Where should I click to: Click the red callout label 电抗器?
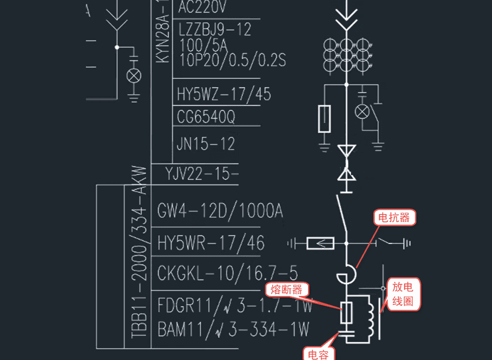(x=394, y=217)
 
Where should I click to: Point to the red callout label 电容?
(x=318, y=353)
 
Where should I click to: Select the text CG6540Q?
(x=206, y=117)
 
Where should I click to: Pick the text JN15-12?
(x=205, y=144)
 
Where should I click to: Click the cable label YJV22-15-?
(x=202, y=173)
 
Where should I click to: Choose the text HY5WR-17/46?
(x=211, y=242)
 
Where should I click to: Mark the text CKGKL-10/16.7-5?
(x=227, y=272)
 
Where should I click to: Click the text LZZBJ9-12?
(x=215, y=29)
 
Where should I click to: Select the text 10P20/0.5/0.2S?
(x=232, y=60)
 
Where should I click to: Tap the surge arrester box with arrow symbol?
(x=320, y=242)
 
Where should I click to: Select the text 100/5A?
(x=203, y=45)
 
